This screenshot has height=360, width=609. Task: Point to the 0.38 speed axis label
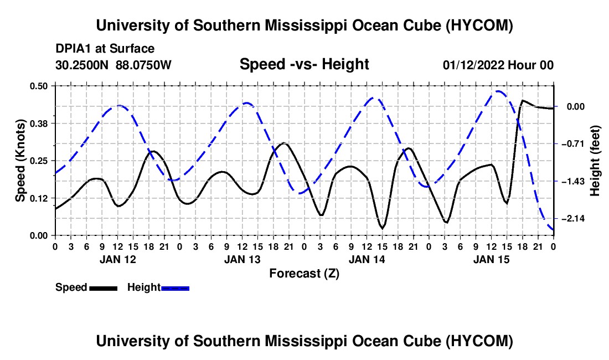pos(39,124)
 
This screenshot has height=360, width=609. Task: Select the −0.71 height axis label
pos(573,144)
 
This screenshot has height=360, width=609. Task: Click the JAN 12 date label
pos(118,259)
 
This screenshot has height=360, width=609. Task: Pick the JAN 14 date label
pos(367,259)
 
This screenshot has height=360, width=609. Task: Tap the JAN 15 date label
pos(491,259)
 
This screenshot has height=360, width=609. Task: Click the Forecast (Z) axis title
pos(304,274)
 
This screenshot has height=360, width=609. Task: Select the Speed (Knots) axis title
pos(20,161)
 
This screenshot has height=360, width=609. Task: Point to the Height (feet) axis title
pos(595,161)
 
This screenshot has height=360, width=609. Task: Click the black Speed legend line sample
pos(104,288)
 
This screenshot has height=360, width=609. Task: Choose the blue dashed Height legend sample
pos(175,288)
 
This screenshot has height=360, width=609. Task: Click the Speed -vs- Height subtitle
pos(304,64)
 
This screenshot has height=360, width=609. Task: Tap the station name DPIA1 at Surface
pos(105,49)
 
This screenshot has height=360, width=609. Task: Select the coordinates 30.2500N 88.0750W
pos(113,65)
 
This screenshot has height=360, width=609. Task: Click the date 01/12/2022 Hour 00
pos(498,65)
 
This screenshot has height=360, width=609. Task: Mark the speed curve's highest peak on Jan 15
pos(523,101)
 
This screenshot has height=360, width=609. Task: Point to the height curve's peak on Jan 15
pos(498,91)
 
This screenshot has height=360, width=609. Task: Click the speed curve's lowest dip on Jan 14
pos(383,228)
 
